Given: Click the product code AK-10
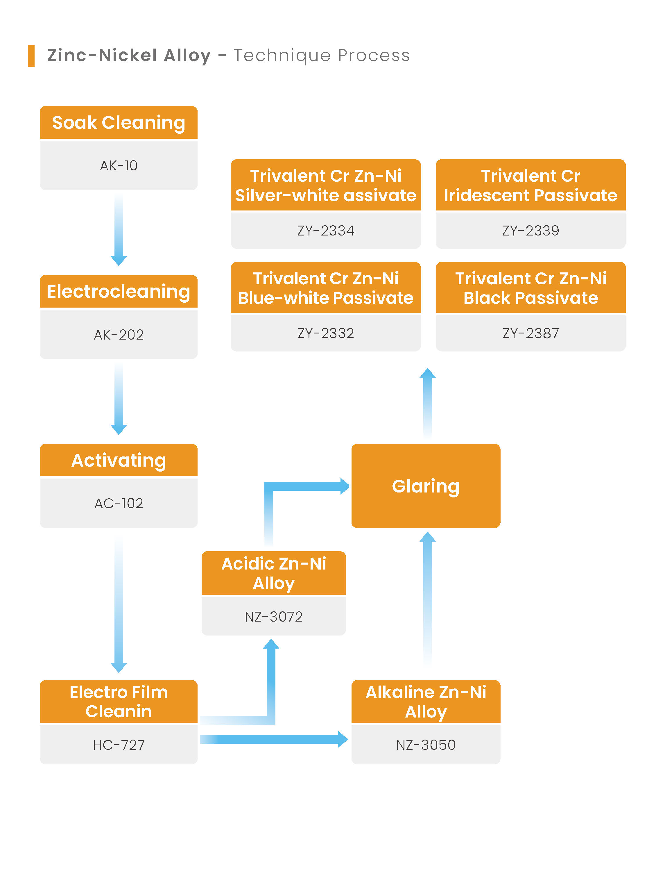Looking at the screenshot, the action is point(119,165).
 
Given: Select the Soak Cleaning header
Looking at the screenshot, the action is point(119,122).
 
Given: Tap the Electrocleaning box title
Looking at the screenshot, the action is point(119,291).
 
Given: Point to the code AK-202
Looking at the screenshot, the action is point(119,335).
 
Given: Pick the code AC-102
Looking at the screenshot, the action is point(119,503).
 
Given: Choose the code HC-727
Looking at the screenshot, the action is point(119,745).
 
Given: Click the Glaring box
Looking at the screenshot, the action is point(426,486).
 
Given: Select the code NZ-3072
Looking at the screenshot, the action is point(274,616).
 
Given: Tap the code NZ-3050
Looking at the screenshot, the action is point(426,745).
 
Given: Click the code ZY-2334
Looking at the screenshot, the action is point(326,231).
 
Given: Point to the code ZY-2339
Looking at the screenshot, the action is point(531,231).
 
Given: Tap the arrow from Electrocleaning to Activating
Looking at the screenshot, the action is point(119,399).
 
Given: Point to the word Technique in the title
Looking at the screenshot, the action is point(282,56).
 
